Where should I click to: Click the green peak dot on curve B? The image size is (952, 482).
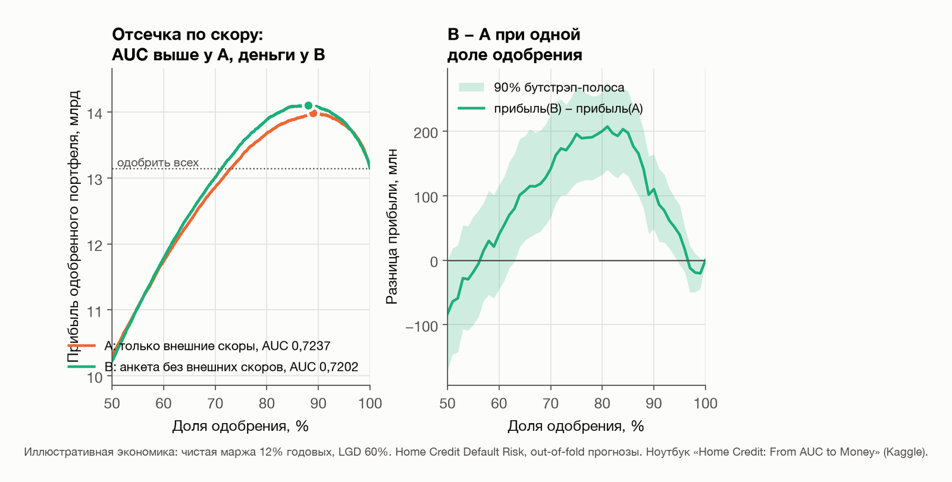click(309, 105)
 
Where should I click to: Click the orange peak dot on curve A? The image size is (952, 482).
click(313, 113)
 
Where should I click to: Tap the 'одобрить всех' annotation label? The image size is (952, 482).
click(158, 162)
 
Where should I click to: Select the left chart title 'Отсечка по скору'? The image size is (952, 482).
click(188, 35)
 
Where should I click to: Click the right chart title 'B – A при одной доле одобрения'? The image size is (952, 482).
click(514, 45)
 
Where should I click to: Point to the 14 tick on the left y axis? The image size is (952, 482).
click(95, 114)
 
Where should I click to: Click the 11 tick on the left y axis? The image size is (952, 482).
click(95, 312)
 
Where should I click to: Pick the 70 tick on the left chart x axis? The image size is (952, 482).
click(215, 403)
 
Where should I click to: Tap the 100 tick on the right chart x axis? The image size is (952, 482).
click(705, 403)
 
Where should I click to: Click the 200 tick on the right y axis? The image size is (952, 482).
click(425, 133)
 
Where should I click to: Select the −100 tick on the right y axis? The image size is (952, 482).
click(422, 327)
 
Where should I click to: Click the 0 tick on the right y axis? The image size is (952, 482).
click(434, 262)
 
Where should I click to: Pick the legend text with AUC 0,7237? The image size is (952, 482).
click(217, 346)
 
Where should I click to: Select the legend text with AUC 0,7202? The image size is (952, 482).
click(231, 367)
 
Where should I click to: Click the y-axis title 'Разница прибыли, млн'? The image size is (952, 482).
click(392, 227)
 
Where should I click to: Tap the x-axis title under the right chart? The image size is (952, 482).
click(576, 426)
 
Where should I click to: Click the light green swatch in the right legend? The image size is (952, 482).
click(471, 87)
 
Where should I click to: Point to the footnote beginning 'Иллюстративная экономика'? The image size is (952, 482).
click(475, 452)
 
